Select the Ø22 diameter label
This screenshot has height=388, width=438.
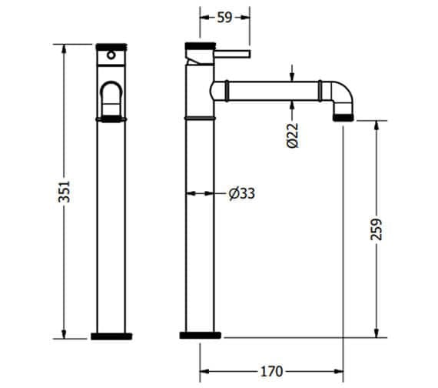pyautogui.click(x=292, y=136)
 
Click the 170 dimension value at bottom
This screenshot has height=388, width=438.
pyautogui.click(x=270, y=371)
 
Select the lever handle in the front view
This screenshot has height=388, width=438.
pyautogui.click(x=112, y=99)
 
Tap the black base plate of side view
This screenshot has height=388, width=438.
pyautogui.click(x=200, y=335)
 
